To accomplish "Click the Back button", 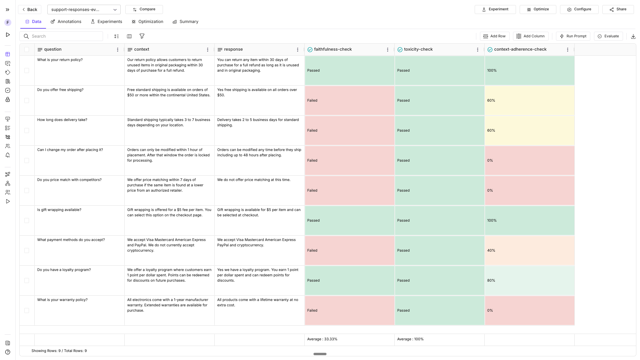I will pyautogui.click(x=29, y=9).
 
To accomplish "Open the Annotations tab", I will pyautogui.click(x=66, y=22).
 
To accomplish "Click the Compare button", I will pyautogui.click(x=144, y=9).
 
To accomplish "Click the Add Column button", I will pyautogui.click(x=531, y=36).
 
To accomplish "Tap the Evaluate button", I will pyautogui.click(x=608, y=36).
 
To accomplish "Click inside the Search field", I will pyautogui.click(x=65, y=36).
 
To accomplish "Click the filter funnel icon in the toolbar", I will pyautogui.click(x=142, y=36).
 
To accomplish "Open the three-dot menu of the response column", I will pyautogui.click(x=297, y=50).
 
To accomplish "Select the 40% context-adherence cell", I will pyautogui.click(x=529, y=250).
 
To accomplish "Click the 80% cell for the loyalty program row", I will pyautogui.click(x=529, y=280).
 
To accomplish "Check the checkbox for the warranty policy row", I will pyautogui.click(x=27, y=310).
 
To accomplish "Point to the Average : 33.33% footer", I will pyautogui.click(x=322, y=339).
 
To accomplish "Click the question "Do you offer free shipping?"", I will pyautogui.click(x=60, y=90).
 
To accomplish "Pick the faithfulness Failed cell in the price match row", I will pyautogui.click(x=349, y=190).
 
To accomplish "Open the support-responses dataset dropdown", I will pyautogui.click(x=84, y=9).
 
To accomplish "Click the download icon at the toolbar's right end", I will pyautogui.click(x=633, y=36).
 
